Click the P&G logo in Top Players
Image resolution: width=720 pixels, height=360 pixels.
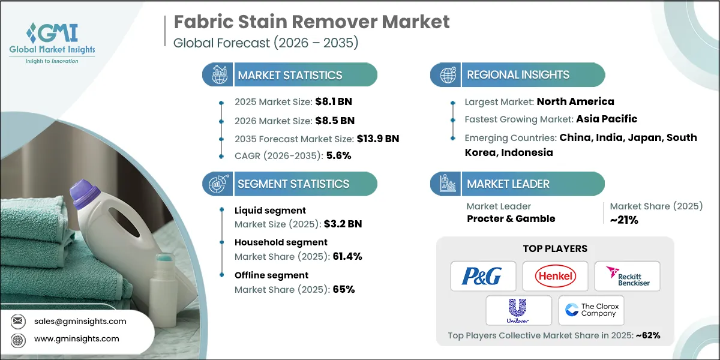tap(481, 276)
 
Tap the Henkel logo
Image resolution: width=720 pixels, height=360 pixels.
tap(555, 276)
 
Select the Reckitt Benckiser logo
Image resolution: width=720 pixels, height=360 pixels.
tap(627, 276)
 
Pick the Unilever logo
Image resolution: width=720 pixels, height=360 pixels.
tap(518, 310)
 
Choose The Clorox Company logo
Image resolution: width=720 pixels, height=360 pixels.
tap(591, 310)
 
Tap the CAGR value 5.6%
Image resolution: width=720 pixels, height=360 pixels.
tap(338, 155)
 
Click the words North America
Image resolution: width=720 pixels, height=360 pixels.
tap(575, 101)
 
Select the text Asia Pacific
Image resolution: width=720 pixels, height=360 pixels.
tap(607, 119)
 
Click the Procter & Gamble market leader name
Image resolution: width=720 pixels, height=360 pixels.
tap(511, 218)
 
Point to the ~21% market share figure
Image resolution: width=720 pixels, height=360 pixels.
tap(624, 220)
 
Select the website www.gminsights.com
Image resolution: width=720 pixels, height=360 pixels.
tap(77, 339)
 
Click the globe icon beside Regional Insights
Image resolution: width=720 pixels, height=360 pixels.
tap(447, 75)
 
